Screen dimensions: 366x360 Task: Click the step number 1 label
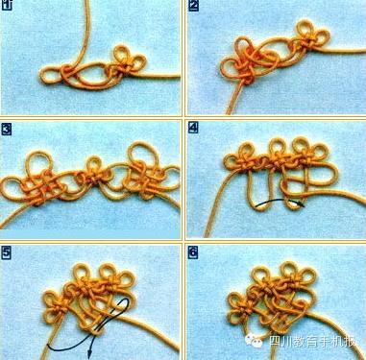tap(7, 6)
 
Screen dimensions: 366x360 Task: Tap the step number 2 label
tap(194, 6)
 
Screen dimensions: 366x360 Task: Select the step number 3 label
tap(7, 130)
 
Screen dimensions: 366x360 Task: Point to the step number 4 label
tap(193, 128)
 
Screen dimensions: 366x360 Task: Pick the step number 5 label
tap(7, 252)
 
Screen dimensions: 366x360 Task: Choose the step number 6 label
tap(193, 252)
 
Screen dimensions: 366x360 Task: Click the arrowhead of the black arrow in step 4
tap(301, 204)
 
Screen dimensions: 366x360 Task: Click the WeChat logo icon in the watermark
tap(254, 341)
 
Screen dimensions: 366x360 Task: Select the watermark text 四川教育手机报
tap(313, 342)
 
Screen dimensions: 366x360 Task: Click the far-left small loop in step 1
tap(48, 76)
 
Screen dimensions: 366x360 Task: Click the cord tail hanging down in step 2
tap(234, 98)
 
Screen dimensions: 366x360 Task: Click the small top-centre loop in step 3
tap(94, 157)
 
